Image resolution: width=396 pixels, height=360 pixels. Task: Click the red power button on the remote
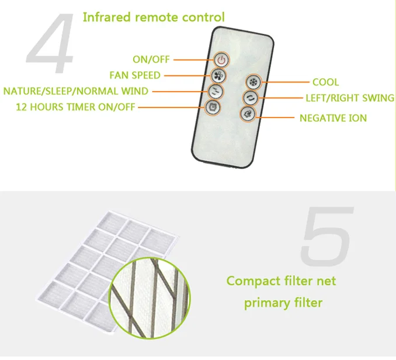pyautogui.click(x=220, y=59)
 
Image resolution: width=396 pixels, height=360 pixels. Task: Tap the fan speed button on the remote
pyautogui.click(x=217, y=75)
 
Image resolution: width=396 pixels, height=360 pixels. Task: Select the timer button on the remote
pyautogui.click(x=213, y=106)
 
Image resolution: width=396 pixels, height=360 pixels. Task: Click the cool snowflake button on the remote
pyautogui.click(x=252, y=82)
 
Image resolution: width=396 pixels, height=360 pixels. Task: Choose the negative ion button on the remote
pyautogui.click(x=247, y=114)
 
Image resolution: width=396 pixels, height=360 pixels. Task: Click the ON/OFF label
pyautogui.click(x=151, y=59)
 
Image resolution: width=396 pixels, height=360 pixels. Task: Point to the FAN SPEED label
pyautogui.click(x=134, y=75)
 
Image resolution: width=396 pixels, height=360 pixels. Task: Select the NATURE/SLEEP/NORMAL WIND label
pyautogui.click(x=76, y=91)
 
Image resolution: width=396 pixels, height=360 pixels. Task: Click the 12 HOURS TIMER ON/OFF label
pyautogui.click(x=75, y=106)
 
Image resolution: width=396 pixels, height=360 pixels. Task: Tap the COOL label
pyautogui.click(x=325, y=82)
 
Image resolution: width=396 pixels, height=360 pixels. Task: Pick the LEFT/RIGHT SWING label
pyautogui.click(x=349, y=98)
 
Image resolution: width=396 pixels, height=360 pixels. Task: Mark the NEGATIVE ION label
pyautogui.click(x=333, y=118)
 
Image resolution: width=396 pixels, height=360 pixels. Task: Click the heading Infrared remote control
pyautogui.click(x=153, y=16)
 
